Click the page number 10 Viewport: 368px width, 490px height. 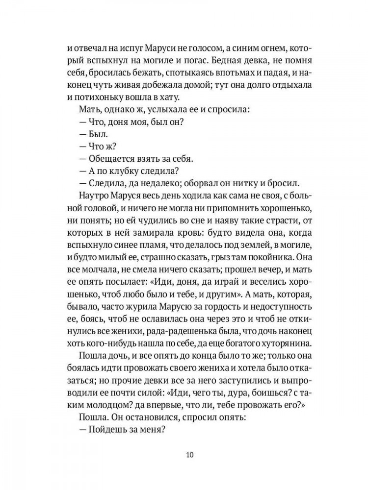point(190,454)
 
